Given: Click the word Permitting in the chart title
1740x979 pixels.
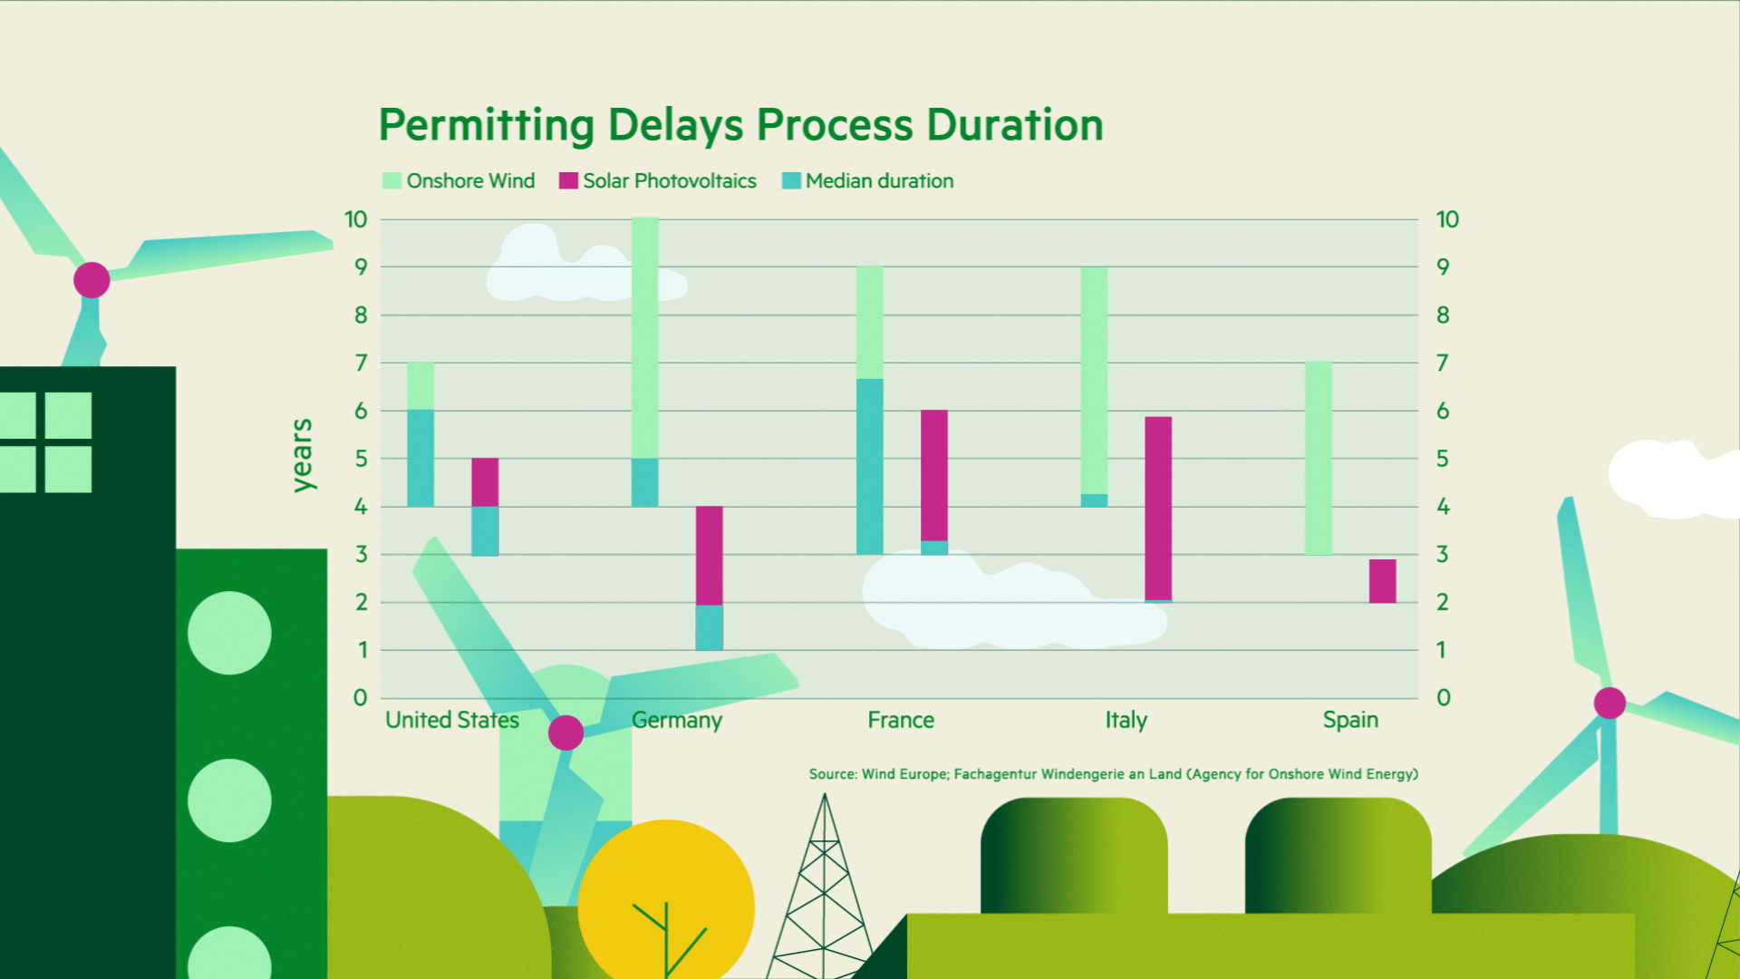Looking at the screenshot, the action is [x=486, y=126].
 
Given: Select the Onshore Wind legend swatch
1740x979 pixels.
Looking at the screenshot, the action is [x=391, y=180].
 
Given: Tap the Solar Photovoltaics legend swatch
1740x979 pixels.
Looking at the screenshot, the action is [x=568, y=180].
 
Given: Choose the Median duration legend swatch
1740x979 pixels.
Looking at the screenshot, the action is [x=791, y=180].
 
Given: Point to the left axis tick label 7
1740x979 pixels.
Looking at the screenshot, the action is [x=362, y=363].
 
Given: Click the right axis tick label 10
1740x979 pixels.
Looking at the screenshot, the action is [x=1447, y=219].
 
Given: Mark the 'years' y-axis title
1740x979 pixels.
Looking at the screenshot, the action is [x=302, y=455].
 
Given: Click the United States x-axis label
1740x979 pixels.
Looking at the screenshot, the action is [x=452, y=720].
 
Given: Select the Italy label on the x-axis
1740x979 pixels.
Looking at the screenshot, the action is [x=1126, y=721].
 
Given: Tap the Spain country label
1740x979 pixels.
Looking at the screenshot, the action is [x=1350, y=721].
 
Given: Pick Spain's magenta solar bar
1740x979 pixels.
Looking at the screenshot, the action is [x=1383, y=581].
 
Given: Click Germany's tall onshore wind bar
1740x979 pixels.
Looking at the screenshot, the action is [x=645, y=338].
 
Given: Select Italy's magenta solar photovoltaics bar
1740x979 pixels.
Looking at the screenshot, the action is [x=1158, y=509].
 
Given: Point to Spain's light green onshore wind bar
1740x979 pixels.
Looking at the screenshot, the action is [x=1319, y=459].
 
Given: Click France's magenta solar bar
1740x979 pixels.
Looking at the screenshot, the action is [x=934, y=476].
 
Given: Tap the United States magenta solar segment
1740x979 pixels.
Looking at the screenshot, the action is [x=485, y=482].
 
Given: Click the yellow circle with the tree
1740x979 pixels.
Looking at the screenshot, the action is [x=666, y=902].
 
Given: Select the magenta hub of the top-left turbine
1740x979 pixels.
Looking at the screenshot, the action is [x=92, y=280].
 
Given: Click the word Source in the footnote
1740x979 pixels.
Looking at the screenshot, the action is [x=833, y=774].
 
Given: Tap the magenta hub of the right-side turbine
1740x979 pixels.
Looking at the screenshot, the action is [x=1609, y=703].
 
